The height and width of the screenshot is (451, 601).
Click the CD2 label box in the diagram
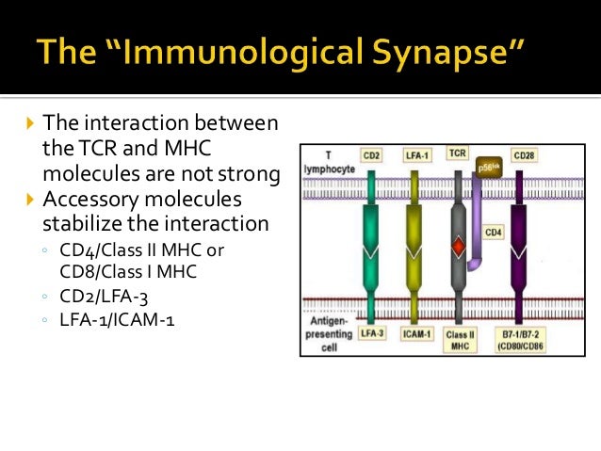click(372, 153)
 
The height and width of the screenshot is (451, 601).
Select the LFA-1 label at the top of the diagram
click(415, 153)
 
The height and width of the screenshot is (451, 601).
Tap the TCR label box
click(457, 153)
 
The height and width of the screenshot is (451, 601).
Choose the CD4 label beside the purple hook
click(495, 232)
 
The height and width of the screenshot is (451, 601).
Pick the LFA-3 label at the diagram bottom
click(372, 334)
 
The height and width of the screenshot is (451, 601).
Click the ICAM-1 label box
click(415, 334)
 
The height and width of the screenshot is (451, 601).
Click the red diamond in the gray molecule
click(458, 247)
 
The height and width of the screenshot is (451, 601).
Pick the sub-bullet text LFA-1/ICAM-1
click(114, 321)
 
